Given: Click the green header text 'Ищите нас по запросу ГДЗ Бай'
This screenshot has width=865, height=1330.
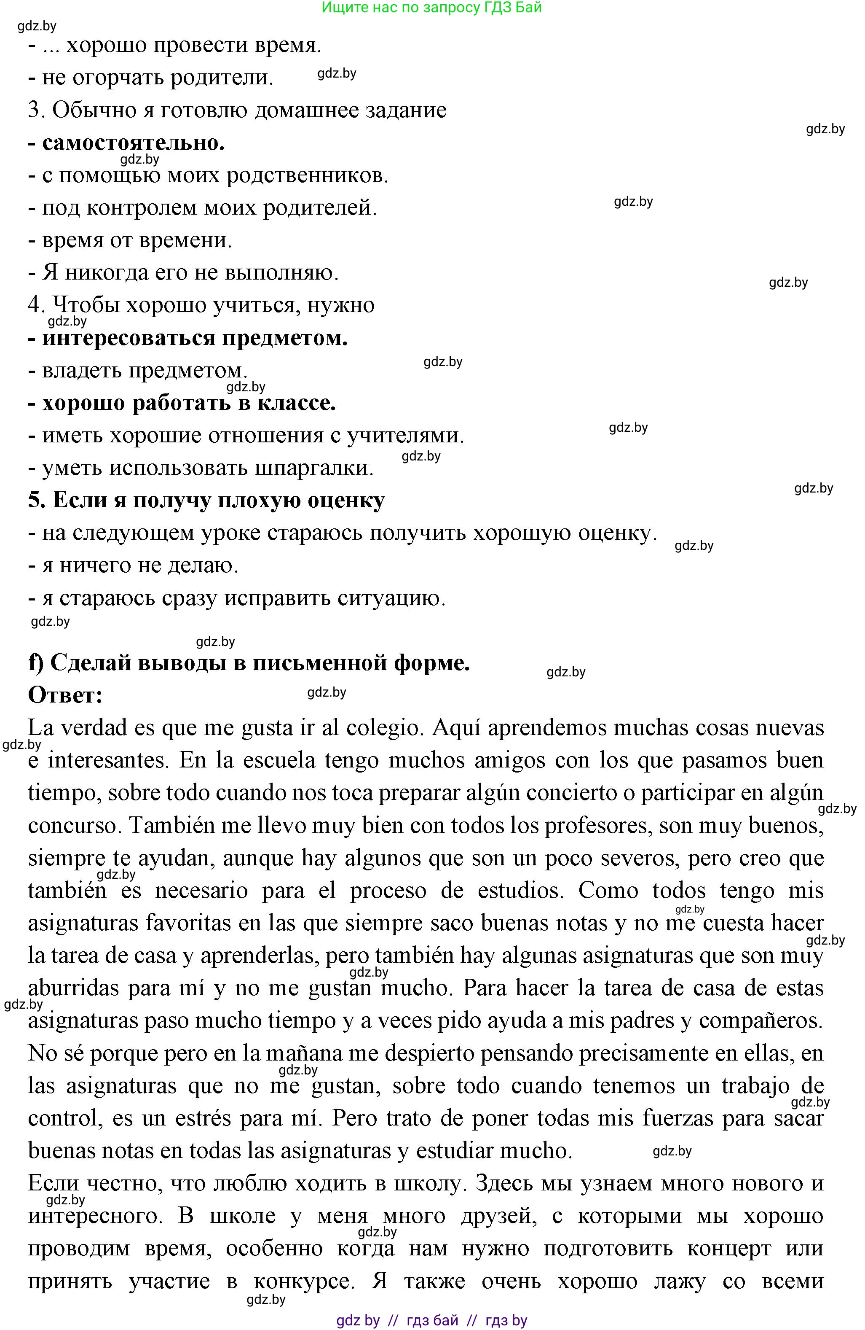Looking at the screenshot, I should click(x=432, y=8).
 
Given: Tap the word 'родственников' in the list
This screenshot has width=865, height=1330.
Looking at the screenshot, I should click(x=307, y=175).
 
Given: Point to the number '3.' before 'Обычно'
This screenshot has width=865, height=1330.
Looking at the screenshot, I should click(x=36, y=110).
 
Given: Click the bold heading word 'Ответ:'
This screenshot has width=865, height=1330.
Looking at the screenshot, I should click(x=65, y=695).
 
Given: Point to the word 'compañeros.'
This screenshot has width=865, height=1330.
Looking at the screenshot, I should click(x=761, y=1021).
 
